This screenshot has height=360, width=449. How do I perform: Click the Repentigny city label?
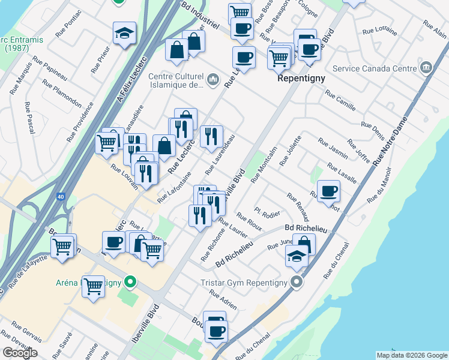[x=301, y=79]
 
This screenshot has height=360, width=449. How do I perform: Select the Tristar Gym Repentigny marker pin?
[x=295, y=282]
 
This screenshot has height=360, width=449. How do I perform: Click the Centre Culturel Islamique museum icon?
[x=213, y=80]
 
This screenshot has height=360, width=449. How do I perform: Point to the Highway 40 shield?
[x=62, y=196]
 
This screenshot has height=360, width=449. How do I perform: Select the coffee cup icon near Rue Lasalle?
[x=328, y=191]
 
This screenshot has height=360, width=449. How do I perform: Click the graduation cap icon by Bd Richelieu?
[x=297, y=256]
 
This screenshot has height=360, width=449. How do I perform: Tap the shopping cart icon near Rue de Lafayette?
[x=63, y=245]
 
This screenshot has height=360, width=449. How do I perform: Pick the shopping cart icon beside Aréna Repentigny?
[x=93, y=286]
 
